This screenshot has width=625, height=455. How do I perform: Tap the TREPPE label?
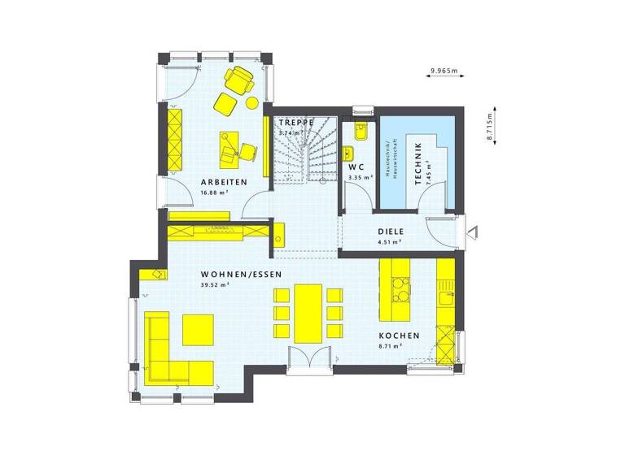(x=295, y=123)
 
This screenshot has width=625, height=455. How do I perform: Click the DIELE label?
(x=391, y=231)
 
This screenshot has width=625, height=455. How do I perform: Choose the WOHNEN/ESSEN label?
(x=241, y=275)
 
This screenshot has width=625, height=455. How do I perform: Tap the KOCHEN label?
(x=399, y=336)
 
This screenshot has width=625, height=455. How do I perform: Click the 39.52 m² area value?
(x=215, y=285)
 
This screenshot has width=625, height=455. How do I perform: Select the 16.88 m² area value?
(x=215, y=193)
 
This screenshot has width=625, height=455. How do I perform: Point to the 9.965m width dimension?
(x=444, y=71)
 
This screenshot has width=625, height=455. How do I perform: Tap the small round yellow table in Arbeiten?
(x=252, y=102)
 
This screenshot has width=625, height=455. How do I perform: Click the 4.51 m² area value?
(x=391, y=241)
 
